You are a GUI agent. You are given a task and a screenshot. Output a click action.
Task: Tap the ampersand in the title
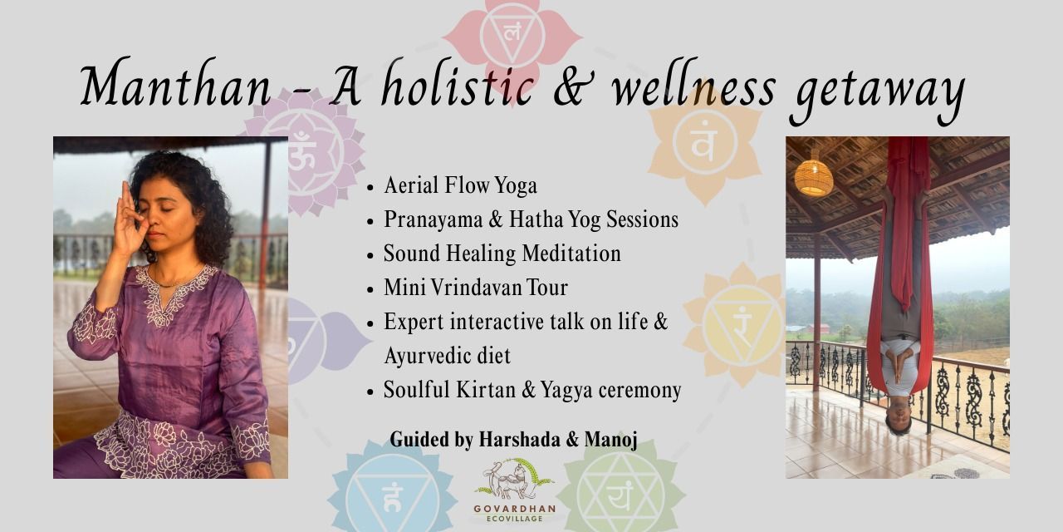[573, 86]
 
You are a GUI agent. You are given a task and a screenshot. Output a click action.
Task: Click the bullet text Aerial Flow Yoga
[460, 185]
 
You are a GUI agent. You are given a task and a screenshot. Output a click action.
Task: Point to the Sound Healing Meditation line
[502, 254]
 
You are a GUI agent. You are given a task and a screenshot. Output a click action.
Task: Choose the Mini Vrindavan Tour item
[476, 288]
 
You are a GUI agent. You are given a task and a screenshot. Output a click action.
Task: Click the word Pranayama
[433, 220]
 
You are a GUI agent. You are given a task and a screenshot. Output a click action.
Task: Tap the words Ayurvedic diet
[447, 356]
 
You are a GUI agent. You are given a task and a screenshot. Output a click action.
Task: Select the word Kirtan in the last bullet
[486, 390]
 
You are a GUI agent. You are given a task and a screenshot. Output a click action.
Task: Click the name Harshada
[519, 439]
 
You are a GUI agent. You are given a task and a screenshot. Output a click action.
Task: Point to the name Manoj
[610, 440]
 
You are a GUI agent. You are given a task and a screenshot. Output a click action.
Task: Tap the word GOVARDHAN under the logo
[514, 509]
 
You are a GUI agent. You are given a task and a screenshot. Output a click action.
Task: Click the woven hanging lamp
[813, 177]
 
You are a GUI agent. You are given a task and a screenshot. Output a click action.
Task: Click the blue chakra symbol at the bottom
[392, 494]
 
